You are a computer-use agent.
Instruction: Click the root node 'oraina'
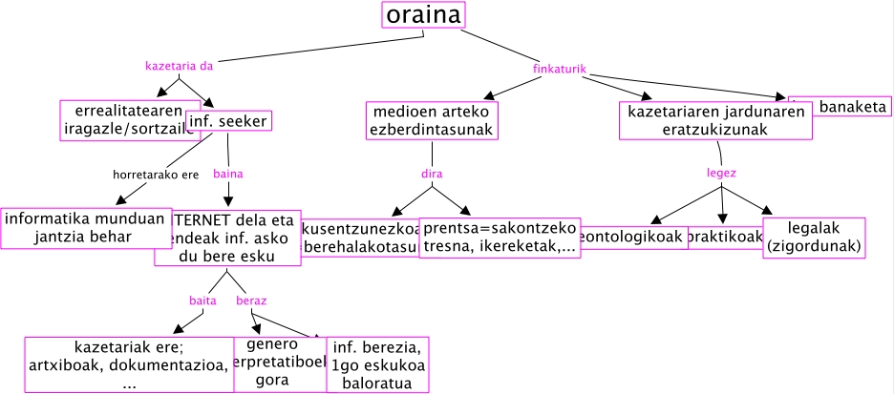(423, 16)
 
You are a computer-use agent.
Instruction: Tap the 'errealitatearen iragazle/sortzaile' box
(129, 120)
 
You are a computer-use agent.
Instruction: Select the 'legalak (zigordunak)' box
(814, 237)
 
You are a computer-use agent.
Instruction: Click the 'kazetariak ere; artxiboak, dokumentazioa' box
(128, 364)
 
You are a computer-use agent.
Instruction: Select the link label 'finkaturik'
(558, 69)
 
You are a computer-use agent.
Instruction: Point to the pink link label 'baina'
(228, 175)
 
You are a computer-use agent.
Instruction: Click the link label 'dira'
(433, 175)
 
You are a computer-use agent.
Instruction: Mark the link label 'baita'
(202, 301)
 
